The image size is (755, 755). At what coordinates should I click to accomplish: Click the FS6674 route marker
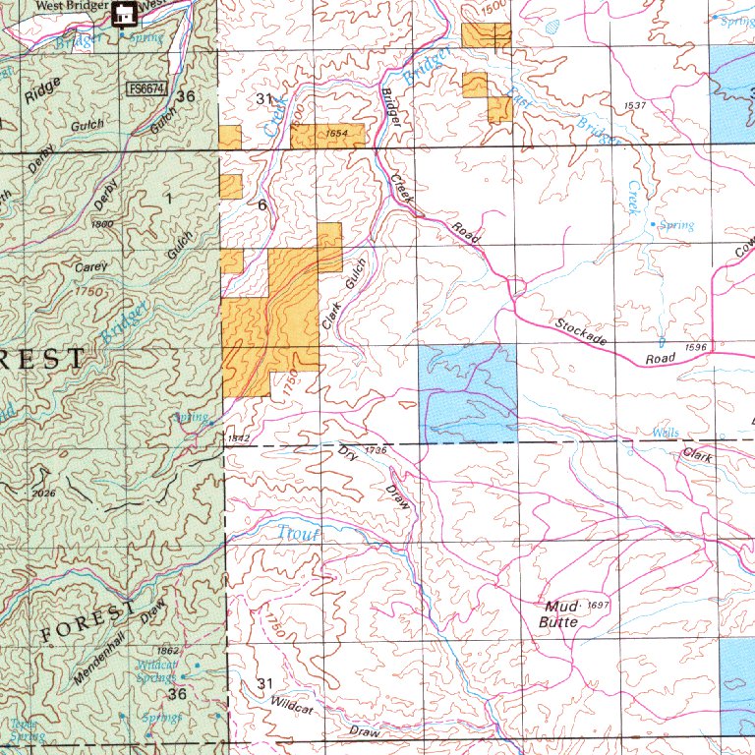147,89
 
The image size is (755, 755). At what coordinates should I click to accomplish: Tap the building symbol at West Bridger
124,14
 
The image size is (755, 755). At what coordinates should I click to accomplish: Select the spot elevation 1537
634,105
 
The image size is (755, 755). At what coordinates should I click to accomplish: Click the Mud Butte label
558,613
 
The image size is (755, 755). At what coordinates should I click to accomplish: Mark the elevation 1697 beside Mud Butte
599,606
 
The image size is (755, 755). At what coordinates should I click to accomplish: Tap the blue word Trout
291,533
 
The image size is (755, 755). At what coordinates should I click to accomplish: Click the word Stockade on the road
580,330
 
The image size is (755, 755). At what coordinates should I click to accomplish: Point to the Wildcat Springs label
155,670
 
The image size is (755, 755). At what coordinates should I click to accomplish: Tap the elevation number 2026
43,493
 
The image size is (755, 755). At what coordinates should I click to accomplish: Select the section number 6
261,205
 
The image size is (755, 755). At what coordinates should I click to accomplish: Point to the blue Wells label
667,433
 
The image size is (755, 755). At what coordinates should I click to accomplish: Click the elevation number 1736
375,450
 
